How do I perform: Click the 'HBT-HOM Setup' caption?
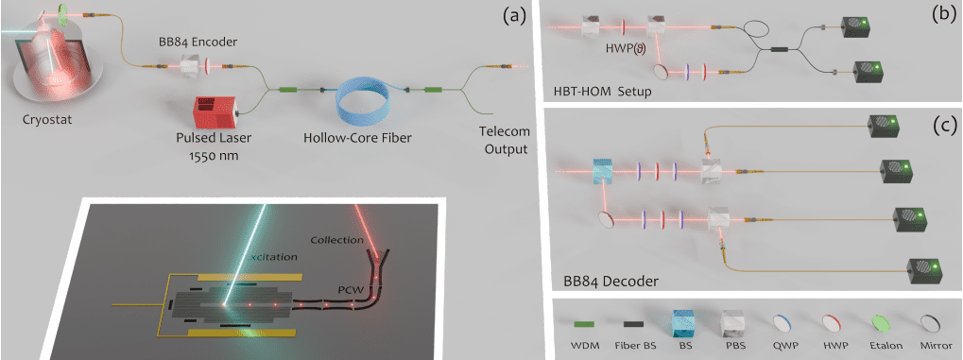pyautogui.click(x=601, y=92)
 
